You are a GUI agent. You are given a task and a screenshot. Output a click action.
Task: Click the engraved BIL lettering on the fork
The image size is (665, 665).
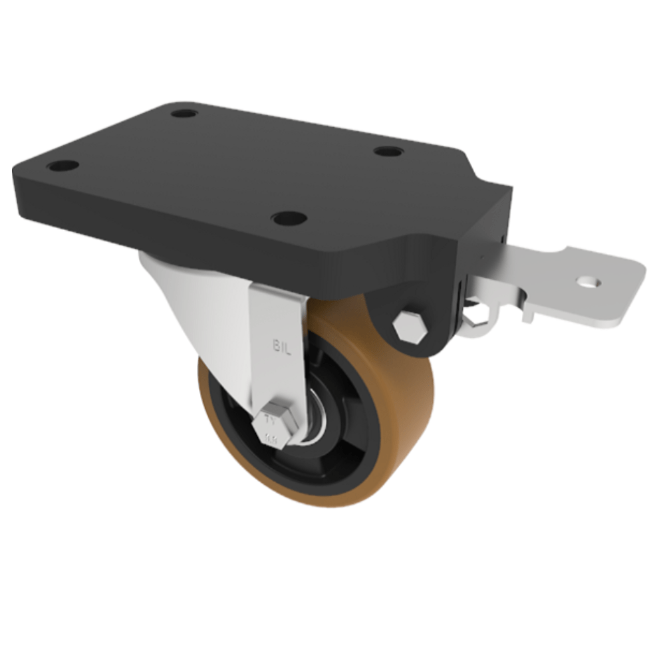pyautogui.click(x=282, y=347)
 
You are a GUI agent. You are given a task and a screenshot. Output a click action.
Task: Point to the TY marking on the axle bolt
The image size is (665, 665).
pyautogui.click(x=271, y=420)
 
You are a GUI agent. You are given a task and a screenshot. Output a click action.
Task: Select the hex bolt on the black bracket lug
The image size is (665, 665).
pyautogui.click(x=410, y=327)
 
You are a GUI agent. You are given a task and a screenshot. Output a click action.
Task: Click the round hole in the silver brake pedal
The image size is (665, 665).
pyautogui.click(x=589, y=282)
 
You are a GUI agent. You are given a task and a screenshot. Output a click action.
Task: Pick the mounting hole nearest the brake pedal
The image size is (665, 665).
pyautogui.click(x=388, y=151)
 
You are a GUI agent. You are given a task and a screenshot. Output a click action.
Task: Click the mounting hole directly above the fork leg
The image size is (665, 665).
pyautogui.click(x=289, y=217)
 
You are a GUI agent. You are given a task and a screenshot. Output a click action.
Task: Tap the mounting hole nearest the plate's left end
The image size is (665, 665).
pyautogui.click(x=63, y=165)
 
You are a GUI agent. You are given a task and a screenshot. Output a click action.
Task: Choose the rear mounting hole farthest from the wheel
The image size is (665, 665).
pyautogui.click(x=184, y=113)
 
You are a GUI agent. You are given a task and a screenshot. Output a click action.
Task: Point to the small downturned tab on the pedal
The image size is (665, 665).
pyautogui.click(x=529, y=313)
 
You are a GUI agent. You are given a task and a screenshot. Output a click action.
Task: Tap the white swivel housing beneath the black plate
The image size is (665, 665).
pyautogui.click(x=193, y=299)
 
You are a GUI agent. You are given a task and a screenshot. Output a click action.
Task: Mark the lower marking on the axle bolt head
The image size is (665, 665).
pyautogui.click(x=271, y=438)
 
